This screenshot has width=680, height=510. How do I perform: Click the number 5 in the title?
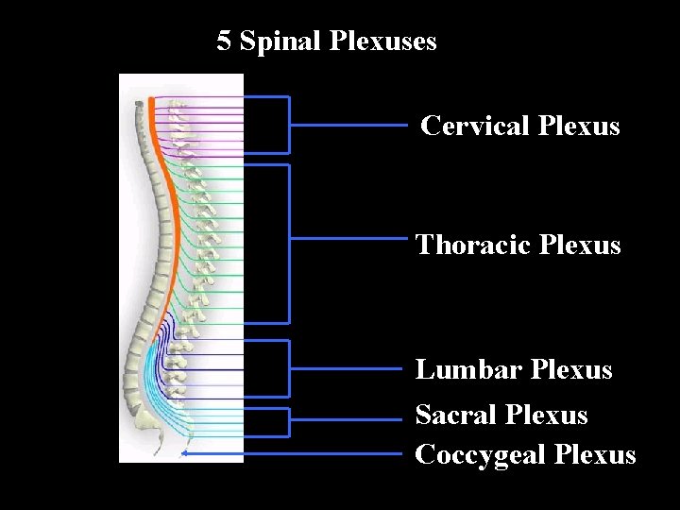[x=224, y=42]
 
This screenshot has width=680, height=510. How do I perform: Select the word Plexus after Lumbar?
[x=571, y=369]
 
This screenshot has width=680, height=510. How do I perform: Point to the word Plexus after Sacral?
[x=546, y=415]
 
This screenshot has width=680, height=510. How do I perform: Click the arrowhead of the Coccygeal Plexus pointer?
[x=185, y=454]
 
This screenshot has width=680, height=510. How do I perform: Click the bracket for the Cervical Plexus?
[x=289, y=124]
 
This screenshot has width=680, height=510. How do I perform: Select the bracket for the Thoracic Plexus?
[x=289, y=243]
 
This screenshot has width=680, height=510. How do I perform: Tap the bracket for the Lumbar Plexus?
[x=289, y=367]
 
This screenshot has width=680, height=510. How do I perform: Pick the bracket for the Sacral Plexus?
[x=289, y=421]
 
